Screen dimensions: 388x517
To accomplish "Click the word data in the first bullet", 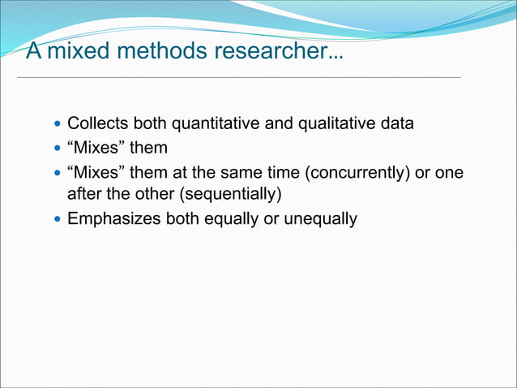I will (x=396, y=125).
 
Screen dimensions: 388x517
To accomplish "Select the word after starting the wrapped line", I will (x=83, y=194).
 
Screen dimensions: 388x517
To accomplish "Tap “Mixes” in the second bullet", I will (x=96, y=149).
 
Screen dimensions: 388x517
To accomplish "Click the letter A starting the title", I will (x=34, y=52).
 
